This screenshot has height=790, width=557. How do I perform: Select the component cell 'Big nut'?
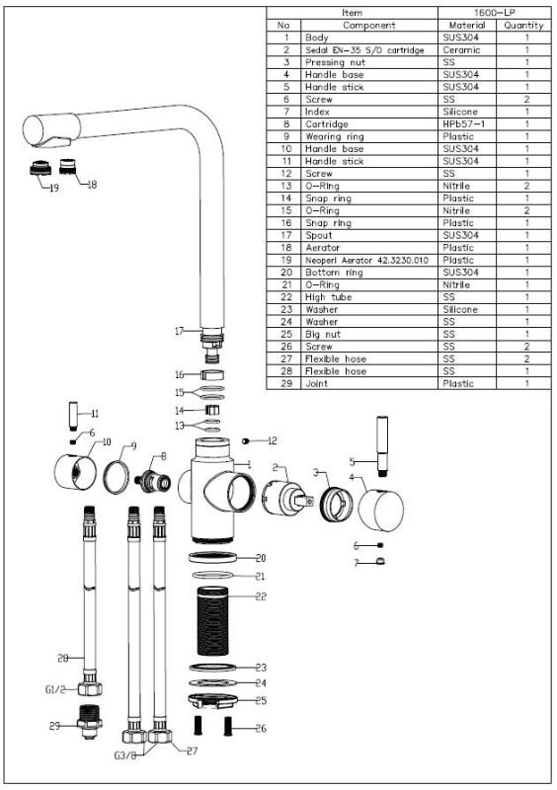pos(327,335)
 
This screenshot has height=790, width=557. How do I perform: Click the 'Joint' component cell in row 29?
pos(319,383)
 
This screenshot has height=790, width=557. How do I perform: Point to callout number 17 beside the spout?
pos(179,332)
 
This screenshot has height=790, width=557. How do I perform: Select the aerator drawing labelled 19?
pos(40,167)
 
